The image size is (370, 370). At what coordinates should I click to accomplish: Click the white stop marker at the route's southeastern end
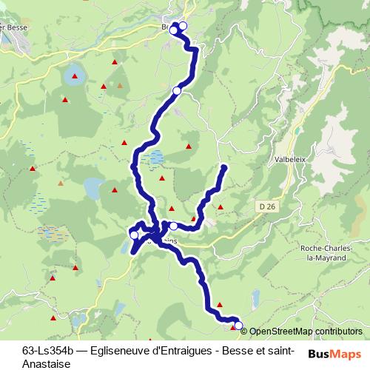click(238, 325)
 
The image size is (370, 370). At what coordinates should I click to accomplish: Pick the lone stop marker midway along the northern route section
click(177, 90)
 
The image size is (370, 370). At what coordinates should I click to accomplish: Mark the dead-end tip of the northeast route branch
click(224, 168)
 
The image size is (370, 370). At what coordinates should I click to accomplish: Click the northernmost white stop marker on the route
click(183, 26)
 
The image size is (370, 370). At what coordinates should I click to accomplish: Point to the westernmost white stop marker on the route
click(134, 235)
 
